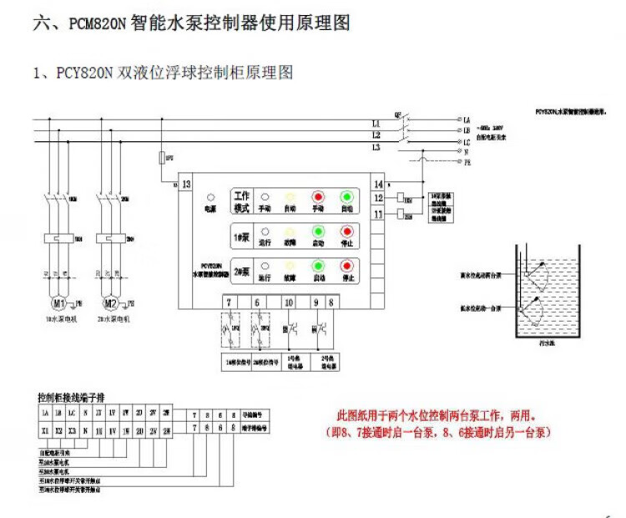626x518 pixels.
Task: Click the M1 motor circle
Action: pyautogui.click(x=58, y=301)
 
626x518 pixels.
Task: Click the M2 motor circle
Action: pyautogui.click(x=109, y=301)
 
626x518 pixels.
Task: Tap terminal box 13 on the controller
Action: pyautogui.click(x=187, y=184)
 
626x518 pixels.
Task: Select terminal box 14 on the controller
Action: pyautogui.click(x=379, y=184)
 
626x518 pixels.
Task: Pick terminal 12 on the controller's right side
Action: pyautogui.click(x=379, y=198)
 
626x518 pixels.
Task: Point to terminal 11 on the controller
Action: pyautogui.click(x=379, y=215)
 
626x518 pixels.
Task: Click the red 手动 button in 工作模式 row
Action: pyautogui.click(x=318, y=197)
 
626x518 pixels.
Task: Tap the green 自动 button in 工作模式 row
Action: pyautogui.click(x=346, y=197)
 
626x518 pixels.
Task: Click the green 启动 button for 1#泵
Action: pyautogui.click(x=318, y=232)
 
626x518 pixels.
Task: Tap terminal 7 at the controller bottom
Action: pyautogui.click(x=229, y=301)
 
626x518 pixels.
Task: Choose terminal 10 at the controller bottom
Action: pyautogui.click(x=289, y=301)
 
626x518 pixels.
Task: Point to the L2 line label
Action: pyautogui.click(x=376, y=135)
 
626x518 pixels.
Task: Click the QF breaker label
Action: pyautogui.click(x=398, y=113)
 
